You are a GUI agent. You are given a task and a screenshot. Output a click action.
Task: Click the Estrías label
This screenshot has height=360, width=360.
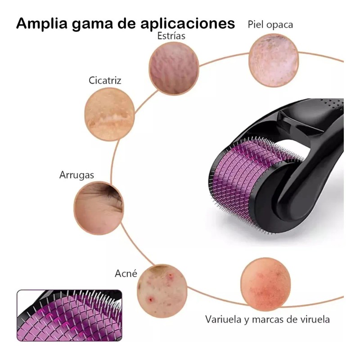click(x=171, y=36)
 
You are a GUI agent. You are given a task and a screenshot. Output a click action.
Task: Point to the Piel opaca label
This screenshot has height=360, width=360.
click(x=270, y=24)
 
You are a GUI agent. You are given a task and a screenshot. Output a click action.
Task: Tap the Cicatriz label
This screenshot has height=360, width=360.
click(x=105, y=81)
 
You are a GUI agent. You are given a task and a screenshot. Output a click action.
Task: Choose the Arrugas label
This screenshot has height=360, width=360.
click(x=76, y=175)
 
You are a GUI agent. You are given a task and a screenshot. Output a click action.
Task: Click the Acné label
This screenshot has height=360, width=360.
click(x=126, y=273)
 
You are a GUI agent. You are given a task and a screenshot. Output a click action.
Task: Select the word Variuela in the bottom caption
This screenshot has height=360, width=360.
click(x=223, y=319)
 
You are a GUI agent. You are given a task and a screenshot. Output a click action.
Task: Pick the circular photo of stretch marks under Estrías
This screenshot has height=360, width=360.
click(x=174, y=68)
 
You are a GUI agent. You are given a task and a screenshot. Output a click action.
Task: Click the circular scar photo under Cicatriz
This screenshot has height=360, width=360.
click(x=109, y=114)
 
